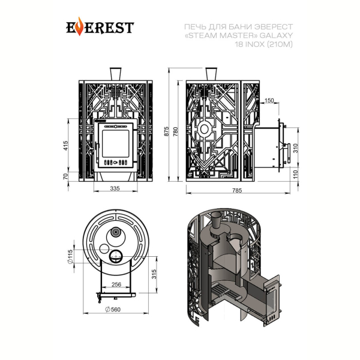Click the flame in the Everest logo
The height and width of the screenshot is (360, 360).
pos(79,26)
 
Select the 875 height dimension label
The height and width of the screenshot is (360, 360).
pos(167,131)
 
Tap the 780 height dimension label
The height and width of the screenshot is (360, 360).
pos(176,131)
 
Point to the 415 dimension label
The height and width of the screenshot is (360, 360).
pos(65,146)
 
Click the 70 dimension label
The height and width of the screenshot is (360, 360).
pos(65,176)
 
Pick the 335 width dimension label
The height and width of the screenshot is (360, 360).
pos(115,188)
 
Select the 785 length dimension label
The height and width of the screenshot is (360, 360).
pos(237,190)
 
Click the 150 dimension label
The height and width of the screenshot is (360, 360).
pos(269,100)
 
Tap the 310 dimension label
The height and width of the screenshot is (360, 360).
pos(295,148)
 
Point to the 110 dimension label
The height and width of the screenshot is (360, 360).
pos(295,174)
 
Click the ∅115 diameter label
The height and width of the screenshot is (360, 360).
pos(70,256)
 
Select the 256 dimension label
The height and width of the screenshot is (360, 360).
pos(116,284)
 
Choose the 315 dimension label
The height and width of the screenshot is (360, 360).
pos(154,274)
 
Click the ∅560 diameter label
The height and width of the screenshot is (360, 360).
pos(113,310)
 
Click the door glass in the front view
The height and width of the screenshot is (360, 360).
pos(115,144)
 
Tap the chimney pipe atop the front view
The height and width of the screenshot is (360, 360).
pos(115,74)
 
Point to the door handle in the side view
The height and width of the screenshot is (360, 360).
pos(287,153)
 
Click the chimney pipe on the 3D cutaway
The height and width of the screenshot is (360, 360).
pos(216,220)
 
